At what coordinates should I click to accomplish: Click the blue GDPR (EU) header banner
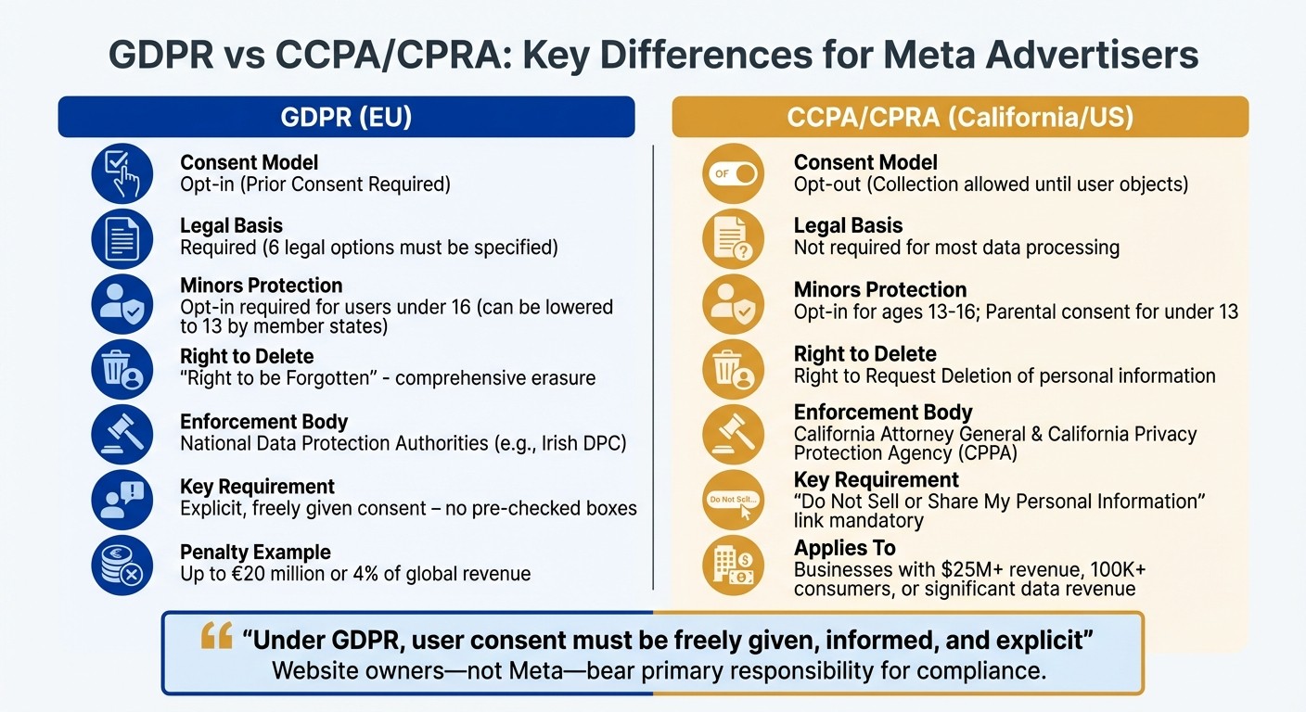coord(346,118)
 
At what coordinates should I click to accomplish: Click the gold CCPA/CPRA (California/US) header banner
coord(960,118)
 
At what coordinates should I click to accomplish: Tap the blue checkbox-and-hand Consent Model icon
coord(122,174)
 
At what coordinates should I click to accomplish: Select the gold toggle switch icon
coord(733,173)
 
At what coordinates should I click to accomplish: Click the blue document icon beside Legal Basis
coord(122,239)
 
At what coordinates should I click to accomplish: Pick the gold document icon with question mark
coord(733,239)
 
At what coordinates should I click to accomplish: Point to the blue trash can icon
coord(122,369)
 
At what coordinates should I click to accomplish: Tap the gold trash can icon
coord(733,369)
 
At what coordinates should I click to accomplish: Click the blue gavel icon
coord(122,434)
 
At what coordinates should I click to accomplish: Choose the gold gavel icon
coord(733,434)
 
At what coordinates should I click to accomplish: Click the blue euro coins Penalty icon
coord(122,565)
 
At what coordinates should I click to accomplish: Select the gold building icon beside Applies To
coord(733,565)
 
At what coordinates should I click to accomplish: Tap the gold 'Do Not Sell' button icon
coord(734,500)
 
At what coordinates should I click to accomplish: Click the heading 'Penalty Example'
coord(255,553)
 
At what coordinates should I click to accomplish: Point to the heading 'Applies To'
coord(844,548)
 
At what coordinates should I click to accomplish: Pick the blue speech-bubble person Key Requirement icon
coord(122,500)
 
